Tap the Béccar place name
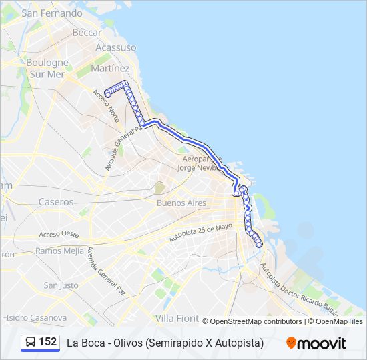point(87,32)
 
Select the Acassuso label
point(115,48)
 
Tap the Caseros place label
point(55,201)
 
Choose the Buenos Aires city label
point(181,203)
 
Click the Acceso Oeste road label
point(59,235)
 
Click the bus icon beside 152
point(31,343)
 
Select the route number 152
point(48,342)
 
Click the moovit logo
point(316,343)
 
